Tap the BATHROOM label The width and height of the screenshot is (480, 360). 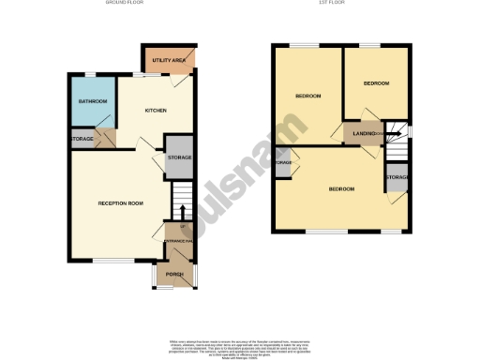(92, 101)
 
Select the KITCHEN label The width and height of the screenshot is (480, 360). (155, 111)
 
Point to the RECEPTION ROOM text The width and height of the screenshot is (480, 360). (121, 203)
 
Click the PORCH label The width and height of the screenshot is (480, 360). (174, 274)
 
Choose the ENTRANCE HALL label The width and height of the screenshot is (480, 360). (178, 242)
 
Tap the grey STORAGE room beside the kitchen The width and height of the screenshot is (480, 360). (179, 157)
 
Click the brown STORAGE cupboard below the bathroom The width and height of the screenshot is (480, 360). (82, 140)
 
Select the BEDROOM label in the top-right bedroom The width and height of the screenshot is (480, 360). (375, 84)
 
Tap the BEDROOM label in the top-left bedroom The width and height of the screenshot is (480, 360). (308, 97)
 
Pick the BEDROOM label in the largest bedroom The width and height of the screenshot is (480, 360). (341, 189)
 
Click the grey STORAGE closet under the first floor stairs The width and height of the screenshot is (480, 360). (397, 177)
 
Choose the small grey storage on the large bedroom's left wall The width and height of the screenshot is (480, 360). (283, 164)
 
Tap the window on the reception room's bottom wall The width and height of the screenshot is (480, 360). (105, 260)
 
